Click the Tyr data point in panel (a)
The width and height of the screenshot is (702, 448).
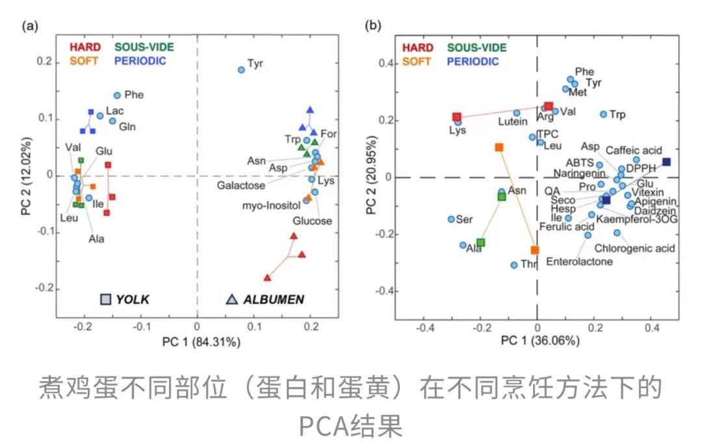241,70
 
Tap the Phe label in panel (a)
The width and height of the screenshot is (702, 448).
134,95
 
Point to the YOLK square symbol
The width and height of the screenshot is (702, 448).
106,299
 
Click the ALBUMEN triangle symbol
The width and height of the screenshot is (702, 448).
231,299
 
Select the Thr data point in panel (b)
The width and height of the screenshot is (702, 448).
514,265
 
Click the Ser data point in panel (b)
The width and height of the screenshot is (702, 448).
451,219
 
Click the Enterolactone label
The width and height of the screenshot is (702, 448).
579,261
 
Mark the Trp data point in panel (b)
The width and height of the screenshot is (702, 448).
603,114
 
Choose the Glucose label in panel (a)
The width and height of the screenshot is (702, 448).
312,221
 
